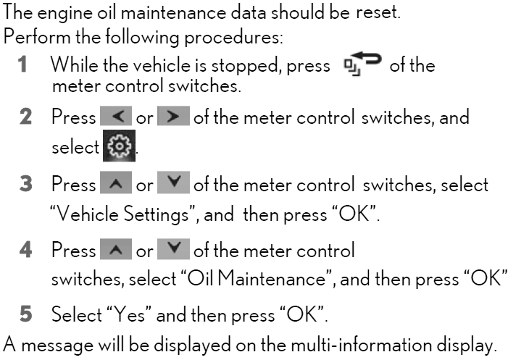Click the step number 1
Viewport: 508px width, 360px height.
pyautogui.click(x=22, y=64)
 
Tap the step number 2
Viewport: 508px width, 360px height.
pyautogui.click(x=25, y=117)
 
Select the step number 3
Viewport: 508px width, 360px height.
pyautogui.click(x=26, y=183)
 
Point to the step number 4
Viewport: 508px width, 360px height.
pyautogui.click(x=25, y=250)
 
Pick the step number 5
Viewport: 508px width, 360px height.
pyautogui.click(x=26, y=314)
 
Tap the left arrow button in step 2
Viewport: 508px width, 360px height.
pyautogui.click(x=116, y=116)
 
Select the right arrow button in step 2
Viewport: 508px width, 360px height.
pyautogui.click(x=173, y=116)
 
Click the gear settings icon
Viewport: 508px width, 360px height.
pyautogui.click(x=120, y=146)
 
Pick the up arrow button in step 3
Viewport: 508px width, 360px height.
pyautogui.click(x=116, y=183)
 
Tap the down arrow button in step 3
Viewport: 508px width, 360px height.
pyautogui.click(x=173, y=183)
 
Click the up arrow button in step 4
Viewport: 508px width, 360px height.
pyautogui.click(x=116, y=249)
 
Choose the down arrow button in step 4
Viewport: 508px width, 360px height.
pyautogui.click(x=173, y=249)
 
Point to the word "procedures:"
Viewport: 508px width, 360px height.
pyautogui.click(x=233, y=38)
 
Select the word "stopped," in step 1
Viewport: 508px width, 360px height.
pyautogui.click(x=246, y=67)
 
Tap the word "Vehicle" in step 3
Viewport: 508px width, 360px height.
pyautogui.click(x=88, y=214)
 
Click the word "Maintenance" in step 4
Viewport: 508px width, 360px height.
pyautogui.click(x=271, y=278)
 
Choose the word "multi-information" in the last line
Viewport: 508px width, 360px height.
pyautogui.click(x=361, y=345)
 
